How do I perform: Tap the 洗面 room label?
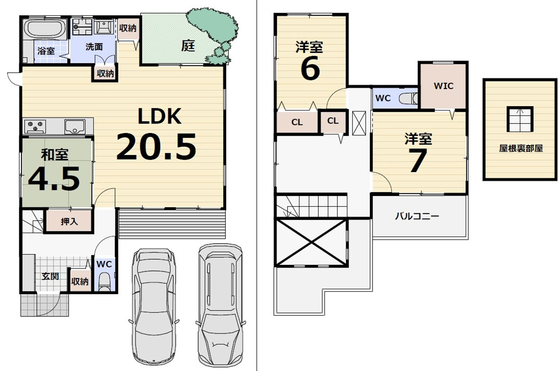[x=94, y=47]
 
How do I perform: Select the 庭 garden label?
[x=188, y=46]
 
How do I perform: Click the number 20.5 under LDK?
[x=156, y=147]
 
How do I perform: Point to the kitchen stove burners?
[x=35, y=126]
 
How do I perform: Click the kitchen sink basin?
[x=75, y=127]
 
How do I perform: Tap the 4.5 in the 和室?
[x=54, y=179]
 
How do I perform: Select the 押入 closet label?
[x=69, y=221]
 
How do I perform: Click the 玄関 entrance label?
[x=50, y=276]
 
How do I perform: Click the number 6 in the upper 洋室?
[x=310, y=68]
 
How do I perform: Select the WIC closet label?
[x=443, y=86]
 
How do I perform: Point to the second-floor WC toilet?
[x=408, y=98]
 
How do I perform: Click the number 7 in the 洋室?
[x=418, y=160]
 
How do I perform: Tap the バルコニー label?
[x=417, y=216]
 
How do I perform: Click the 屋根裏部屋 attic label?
[x=521, y=148]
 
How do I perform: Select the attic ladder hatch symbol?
[x=520, y=119]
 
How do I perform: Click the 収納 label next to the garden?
[x=128, y=28]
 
